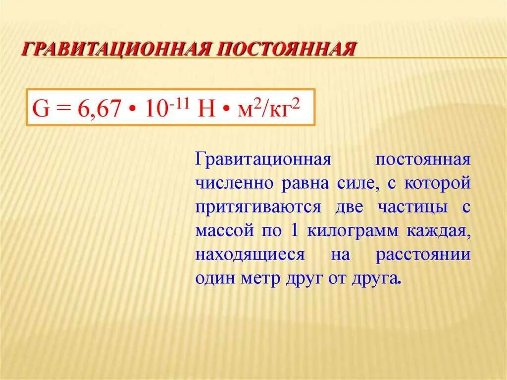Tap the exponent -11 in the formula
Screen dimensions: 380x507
tap(175, 102)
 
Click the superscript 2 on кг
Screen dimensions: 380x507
tap(298, 102)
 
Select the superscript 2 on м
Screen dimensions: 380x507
tap(256, 102)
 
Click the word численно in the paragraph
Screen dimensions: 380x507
tap(236, 184)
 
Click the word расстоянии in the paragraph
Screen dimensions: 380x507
tap(422, 255)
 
